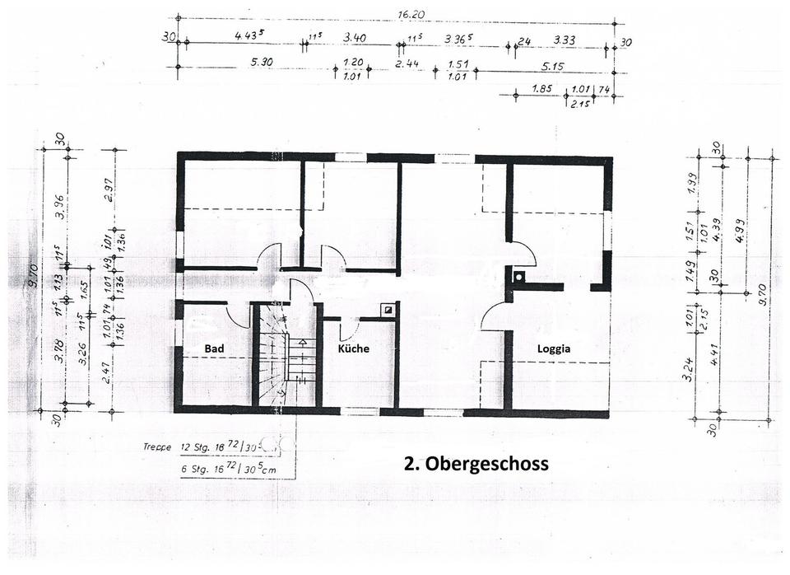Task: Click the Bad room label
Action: coord(214,348)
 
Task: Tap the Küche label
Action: coord(354,348)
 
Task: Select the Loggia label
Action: coord(554,348)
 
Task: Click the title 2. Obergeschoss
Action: coord(476,464)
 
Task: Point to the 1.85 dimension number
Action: coord(541,89)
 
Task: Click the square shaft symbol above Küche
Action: coord(388,310)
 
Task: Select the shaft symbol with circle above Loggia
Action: coord(518,277)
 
